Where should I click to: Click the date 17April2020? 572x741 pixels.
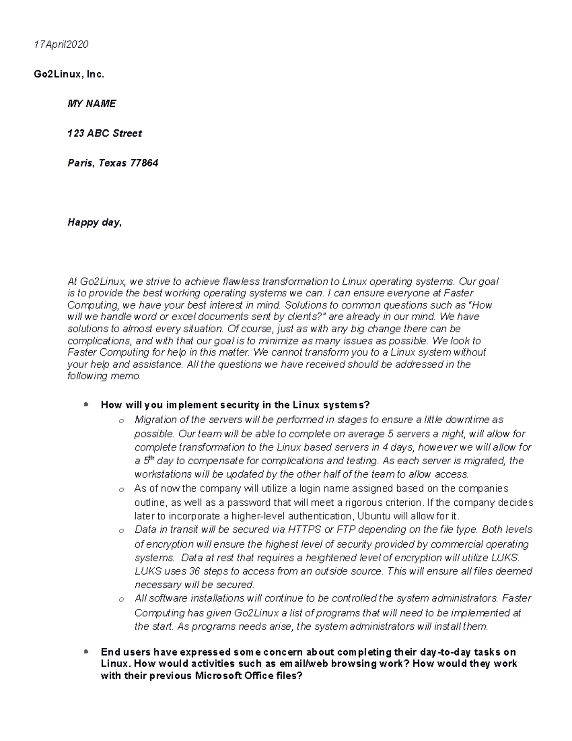(61, 44)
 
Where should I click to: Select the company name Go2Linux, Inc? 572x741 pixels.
(69, 74)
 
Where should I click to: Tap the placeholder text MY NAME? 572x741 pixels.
(92, 104)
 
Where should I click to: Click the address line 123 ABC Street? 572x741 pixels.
(104, 133)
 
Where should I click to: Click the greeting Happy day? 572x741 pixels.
(94, 222)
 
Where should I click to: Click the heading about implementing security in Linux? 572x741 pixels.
(235, 405)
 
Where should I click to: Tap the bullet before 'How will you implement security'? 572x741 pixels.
(86, 405)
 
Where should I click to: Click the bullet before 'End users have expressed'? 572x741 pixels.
(86, 651)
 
